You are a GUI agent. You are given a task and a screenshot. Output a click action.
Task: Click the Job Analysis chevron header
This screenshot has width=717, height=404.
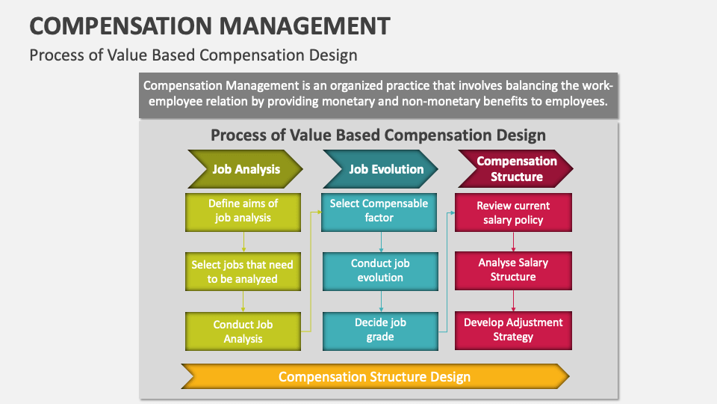coord(246,168)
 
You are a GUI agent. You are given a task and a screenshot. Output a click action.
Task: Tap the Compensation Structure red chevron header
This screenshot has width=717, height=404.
coord(516,168)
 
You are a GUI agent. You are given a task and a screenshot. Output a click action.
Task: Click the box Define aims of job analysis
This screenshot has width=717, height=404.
coord(243,211)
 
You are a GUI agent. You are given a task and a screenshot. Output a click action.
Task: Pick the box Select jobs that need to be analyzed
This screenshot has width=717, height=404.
coord(243,272)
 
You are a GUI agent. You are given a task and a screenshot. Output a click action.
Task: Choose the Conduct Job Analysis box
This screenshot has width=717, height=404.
coord(243,331)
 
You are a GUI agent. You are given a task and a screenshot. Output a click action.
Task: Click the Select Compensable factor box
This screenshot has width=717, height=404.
coord(379,211)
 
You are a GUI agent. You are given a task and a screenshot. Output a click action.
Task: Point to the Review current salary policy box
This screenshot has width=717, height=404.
coord(513,212)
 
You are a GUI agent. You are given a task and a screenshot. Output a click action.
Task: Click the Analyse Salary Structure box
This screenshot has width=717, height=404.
coord(513,270)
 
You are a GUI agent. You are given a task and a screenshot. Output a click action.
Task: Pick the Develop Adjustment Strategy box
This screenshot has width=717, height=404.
coord(513,330)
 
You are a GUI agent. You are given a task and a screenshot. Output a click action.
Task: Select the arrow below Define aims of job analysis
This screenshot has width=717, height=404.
coord(243,242)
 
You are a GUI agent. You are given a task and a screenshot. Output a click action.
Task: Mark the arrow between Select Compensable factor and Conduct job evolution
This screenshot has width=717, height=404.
coord(382,241)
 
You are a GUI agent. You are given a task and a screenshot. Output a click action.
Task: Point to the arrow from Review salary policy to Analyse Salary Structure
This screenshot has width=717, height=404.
coord(513,241)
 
